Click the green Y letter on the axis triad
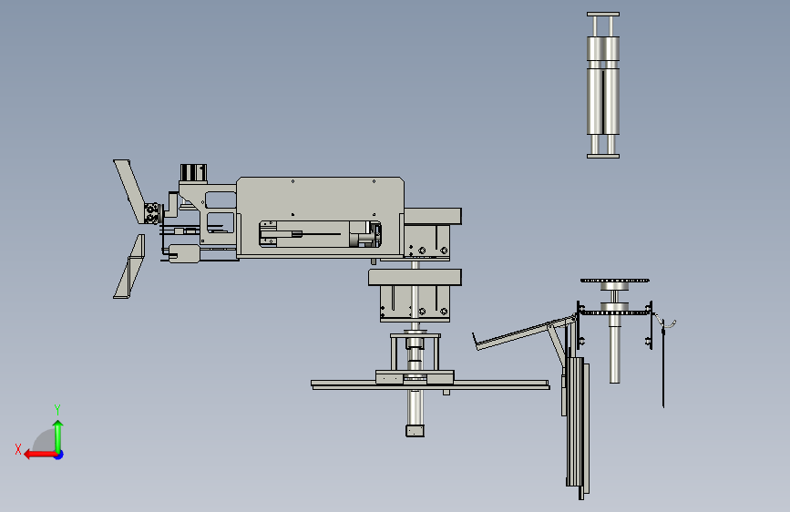point(57,409)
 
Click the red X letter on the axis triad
point(18,449)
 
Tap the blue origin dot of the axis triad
point(59,455)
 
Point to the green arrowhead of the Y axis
point(58,425)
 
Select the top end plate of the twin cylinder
point(603,14)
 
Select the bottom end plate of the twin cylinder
point(603,156)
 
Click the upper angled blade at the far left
point(129,190)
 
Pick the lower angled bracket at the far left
point(130,267)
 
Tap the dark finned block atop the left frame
point(193,172)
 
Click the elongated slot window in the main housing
point(320,234)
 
